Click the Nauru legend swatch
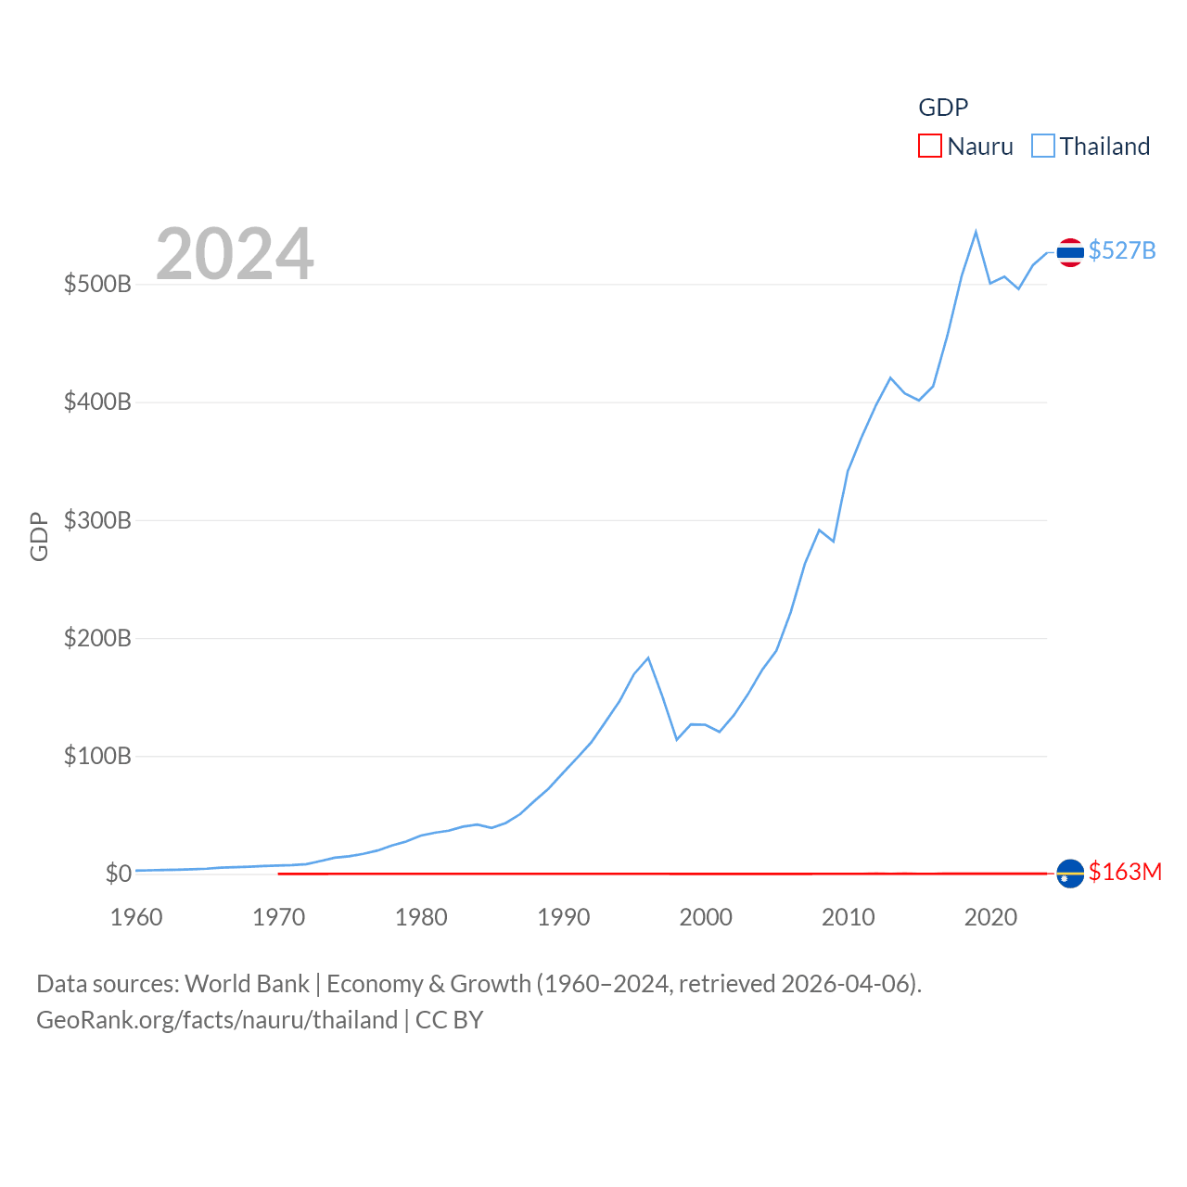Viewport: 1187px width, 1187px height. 929,147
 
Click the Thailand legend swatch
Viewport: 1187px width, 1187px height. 1043,147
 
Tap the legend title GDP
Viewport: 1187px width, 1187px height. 943,108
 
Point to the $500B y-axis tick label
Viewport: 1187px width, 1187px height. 97,284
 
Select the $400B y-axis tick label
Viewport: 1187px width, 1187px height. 97,402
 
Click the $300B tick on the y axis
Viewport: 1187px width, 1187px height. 97,520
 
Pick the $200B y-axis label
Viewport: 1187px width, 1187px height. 97,638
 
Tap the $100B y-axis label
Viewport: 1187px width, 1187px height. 97,756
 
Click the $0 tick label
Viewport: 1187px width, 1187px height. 118,874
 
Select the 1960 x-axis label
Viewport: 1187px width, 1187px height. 136,917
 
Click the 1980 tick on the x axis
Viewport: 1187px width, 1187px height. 421,917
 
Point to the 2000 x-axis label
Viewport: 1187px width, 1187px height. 706,917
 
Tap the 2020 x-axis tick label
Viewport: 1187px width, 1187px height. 990,917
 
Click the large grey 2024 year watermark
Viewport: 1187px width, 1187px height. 235,254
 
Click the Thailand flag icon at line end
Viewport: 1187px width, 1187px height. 1070,252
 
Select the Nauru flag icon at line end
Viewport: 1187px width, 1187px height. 1070,874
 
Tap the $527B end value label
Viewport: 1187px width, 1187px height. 1122,251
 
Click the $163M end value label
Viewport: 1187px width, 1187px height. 1125,872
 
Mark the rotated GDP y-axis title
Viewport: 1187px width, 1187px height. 39,536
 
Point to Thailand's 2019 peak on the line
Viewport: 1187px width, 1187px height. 976,232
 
